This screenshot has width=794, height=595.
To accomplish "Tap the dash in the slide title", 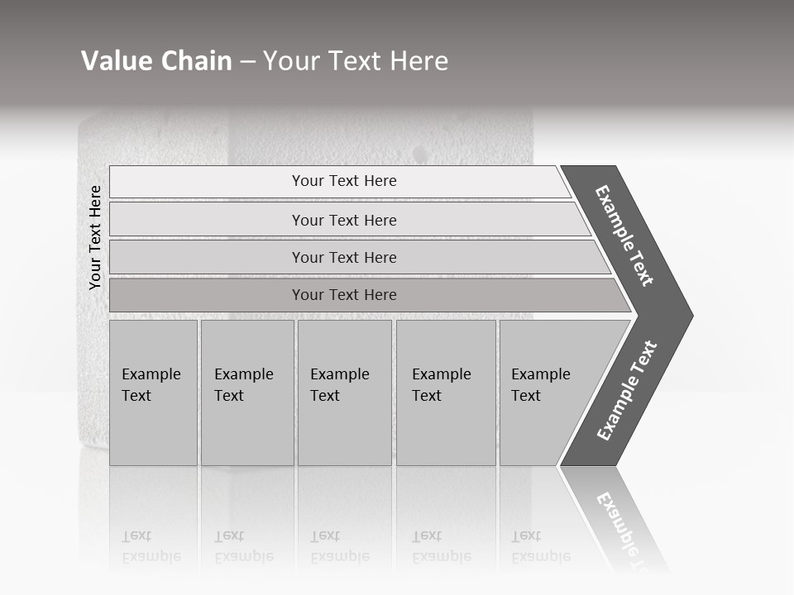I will click(247, 62).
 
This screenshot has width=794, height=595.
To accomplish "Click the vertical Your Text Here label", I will click(95, 238).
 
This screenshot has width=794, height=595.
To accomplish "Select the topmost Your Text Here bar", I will click(344, 181).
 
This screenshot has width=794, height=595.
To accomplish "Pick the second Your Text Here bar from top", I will click(344, 220).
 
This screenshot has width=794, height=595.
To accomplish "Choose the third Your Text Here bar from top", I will click(344, 257).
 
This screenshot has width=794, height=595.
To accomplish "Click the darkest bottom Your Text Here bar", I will click(344, 295).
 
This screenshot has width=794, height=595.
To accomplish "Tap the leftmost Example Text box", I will click(153, 393).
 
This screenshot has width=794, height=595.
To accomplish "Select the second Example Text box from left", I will click(246, 393).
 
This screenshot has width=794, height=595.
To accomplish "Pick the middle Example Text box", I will click(344, 393).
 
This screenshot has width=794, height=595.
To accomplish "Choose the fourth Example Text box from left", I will click(445, 393).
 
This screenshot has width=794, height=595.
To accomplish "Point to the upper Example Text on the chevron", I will click(624, 236).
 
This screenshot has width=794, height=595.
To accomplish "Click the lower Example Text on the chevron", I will click(626, 390).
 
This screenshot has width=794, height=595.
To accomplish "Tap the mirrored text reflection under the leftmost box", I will click(151, 546).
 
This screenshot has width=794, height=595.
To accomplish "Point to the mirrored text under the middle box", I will click(340, 546).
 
